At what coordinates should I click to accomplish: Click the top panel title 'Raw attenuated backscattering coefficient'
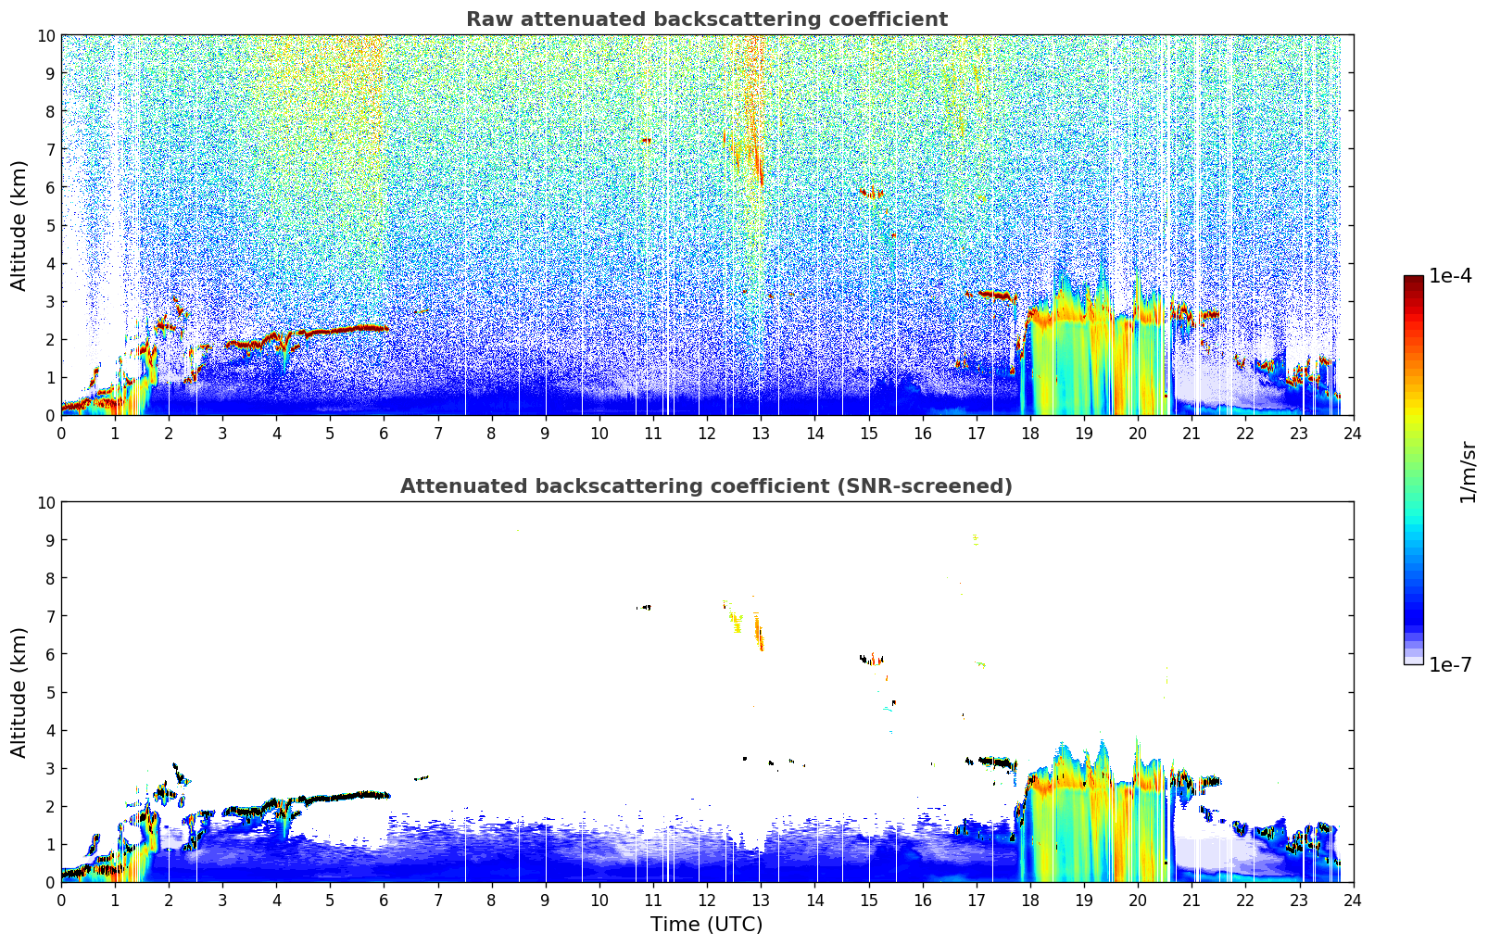(707, 19)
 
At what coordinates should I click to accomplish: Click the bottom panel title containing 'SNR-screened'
(706, 486)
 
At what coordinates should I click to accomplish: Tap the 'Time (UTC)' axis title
(706, 925)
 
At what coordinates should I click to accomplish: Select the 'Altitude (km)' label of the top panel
(19, 225)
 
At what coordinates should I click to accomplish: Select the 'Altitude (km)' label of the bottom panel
(19, 692)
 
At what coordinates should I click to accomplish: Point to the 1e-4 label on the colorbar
(1450, 275)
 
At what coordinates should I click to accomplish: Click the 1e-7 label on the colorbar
(1450, 664)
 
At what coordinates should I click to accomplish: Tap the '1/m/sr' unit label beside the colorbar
(1468, 472)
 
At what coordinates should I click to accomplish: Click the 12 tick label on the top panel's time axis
(707, 434)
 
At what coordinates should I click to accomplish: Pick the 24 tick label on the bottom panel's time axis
(1353, 901)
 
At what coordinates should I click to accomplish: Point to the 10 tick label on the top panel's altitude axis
(45, 36)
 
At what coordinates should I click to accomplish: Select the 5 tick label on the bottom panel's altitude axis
(50, 693)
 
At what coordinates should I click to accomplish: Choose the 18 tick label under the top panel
(1029, 434)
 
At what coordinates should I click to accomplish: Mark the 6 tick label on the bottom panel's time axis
(384, 901)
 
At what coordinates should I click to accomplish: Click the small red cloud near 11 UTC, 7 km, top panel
(646, 141)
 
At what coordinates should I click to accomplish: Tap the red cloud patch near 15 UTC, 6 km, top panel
(871, 194)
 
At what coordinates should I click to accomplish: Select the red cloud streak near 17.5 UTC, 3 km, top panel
(991, 295)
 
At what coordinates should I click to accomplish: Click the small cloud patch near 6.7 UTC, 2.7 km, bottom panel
(422, 777)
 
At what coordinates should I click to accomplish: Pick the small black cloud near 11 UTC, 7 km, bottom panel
(644, 608)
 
